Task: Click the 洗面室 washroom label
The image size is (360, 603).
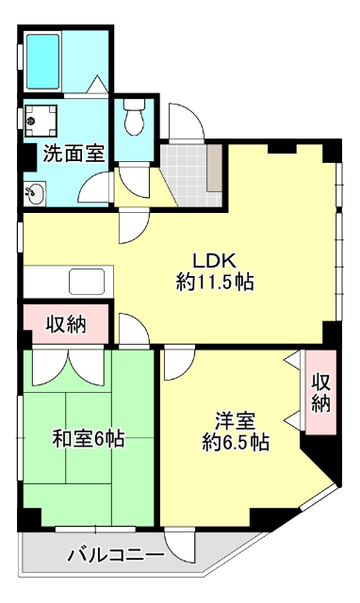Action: click(72, 153)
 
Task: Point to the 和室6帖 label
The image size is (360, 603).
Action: click(88, 438)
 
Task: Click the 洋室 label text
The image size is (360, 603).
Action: click(235, 421)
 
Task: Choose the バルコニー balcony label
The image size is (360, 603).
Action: click(115, 556)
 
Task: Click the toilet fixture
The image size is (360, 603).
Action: click(133, 120)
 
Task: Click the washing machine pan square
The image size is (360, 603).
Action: click(42, 120)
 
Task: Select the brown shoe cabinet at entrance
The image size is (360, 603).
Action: click(216, 166)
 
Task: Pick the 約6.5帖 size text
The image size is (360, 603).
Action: click(236, 442)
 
